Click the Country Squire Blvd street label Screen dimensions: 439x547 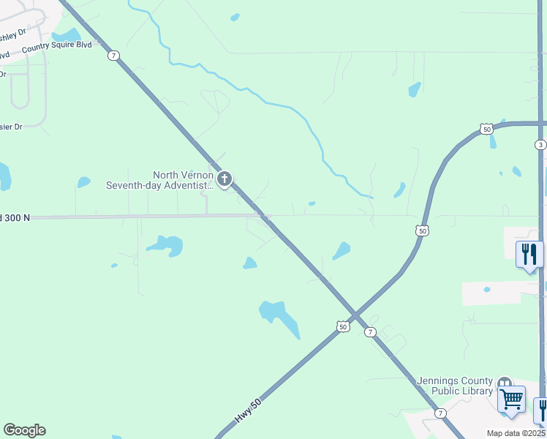click(57, 45)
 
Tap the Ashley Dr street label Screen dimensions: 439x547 click(13, 34)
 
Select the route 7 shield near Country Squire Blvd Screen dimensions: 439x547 click(113, 56)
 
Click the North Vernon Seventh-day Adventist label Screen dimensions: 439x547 click(160, 180)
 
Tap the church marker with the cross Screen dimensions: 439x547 click(225, 179)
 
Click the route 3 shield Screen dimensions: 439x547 click(540, 145)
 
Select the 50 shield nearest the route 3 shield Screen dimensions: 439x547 click(487, 129)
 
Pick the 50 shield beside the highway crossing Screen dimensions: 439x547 click(342, 326)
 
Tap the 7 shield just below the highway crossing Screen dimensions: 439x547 click(371, 331)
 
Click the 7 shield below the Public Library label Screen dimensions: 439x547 click(440, 413)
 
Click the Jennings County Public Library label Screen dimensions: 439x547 click(455, 386)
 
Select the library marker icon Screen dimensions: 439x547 click(504, 383)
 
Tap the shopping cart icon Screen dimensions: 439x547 click(511, 400)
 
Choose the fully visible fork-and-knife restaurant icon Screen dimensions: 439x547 click(529, 255)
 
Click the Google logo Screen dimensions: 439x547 click(24, 430)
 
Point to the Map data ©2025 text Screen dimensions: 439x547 click(516, 433)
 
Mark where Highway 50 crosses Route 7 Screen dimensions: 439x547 click(355, 315)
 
